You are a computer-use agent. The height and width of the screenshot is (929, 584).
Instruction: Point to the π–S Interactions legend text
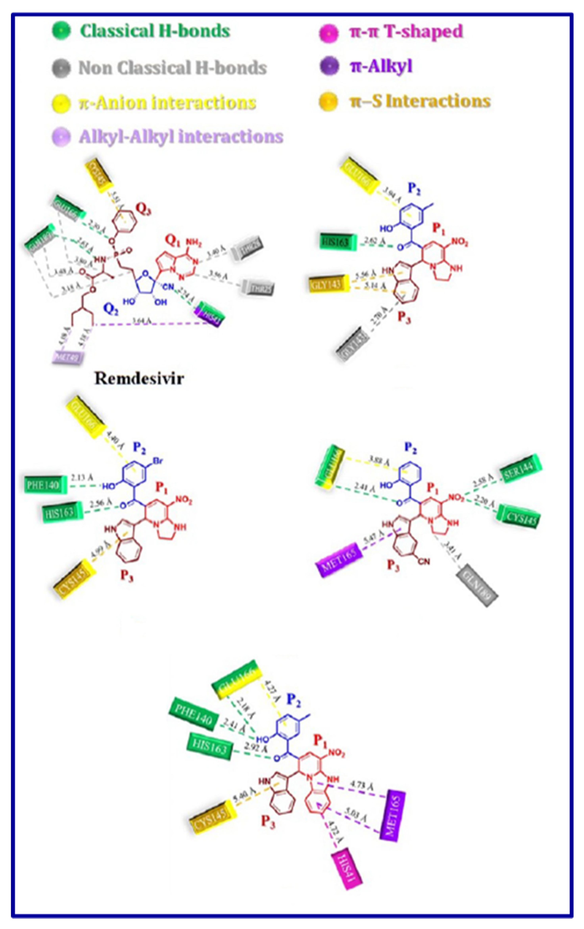click(420, 101)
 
